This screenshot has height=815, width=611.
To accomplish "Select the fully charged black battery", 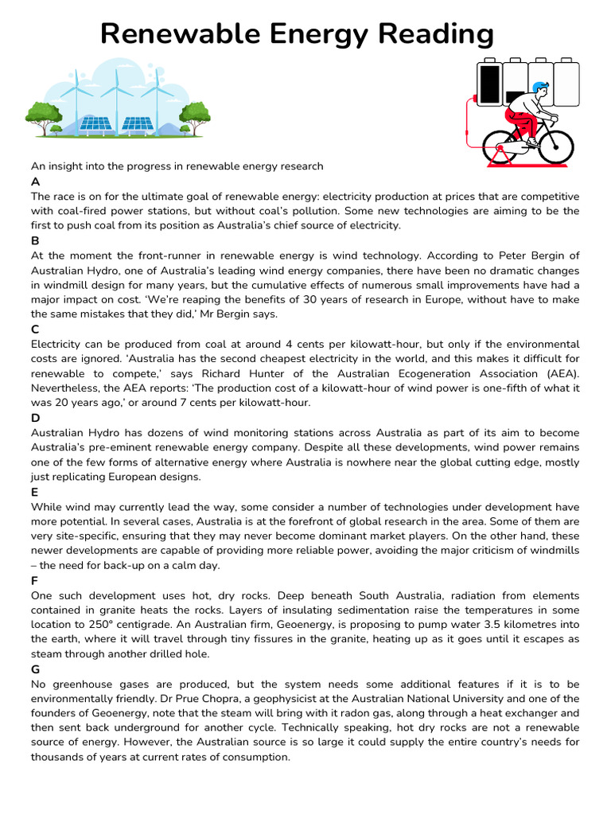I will (x=490, y=84).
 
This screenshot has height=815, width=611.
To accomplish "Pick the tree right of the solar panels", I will (x=194, y=115).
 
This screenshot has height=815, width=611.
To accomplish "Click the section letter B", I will (x=35, y=240).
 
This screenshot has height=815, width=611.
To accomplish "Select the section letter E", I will (x=34, y=493).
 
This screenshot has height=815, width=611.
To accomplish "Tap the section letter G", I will (x=35, y=669).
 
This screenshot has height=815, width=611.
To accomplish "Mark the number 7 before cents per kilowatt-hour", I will (x=179, y=403).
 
